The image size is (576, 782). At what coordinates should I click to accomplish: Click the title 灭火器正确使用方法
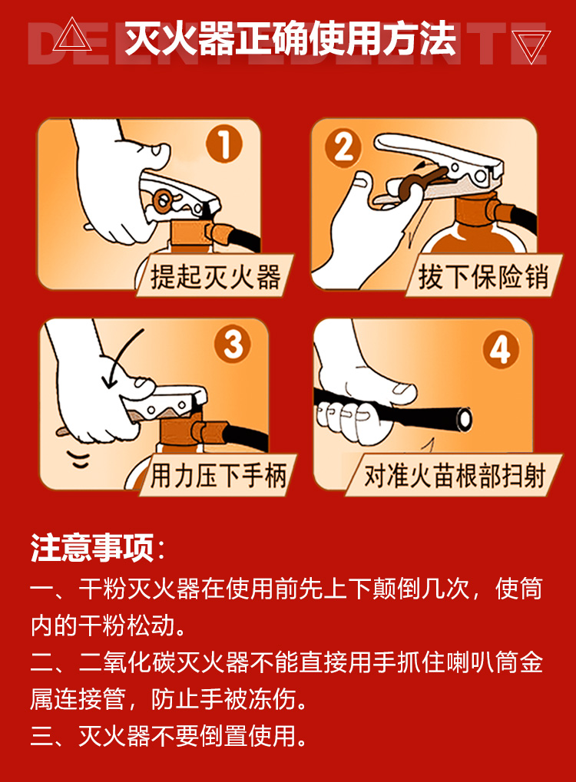(290, 39)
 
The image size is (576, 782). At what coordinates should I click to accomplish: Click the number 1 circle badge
(223, 144)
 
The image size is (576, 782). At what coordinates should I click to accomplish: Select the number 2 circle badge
(343, 146)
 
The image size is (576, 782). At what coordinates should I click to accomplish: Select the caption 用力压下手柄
(218, 476)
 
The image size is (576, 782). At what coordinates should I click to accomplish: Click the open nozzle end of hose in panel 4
(462, 417)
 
